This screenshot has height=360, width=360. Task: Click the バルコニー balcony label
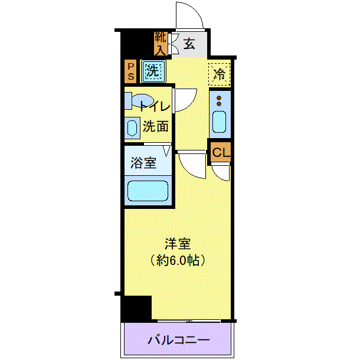coord(178,340)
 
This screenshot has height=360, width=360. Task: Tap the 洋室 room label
coord(178,244)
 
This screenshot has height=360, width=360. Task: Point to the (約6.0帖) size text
coord(178,260)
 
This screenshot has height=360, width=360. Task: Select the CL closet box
coord(221,152)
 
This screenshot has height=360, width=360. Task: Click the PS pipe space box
coord(130,71)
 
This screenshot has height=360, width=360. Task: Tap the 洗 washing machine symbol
coord(153,71)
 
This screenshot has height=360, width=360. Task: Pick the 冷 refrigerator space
coord(220,74)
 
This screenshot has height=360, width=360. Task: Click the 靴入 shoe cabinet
coord(161,44)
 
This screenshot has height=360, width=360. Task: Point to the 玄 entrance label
coord(189,44)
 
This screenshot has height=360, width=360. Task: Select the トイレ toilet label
coord(155,106)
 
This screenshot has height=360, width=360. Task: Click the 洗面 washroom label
coord(156,126)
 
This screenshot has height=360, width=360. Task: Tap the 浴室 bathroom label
coord(143,163)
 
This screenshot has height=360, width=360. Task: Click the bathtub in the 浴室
coord(148,191)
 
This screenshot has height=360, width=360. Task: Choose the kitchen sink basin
coord(220,122)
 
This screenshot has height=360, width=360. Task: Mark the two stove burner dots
coord(219,101)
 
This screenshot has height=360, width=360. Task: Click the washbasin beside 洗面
coord(132,127)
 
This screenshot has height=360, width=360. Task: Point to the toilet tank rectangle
coord(128,101)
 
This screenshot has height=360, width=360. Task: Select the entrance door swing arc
coord(195,11)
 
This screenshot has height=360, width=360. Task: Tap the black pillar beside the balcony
coord(136,308)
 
